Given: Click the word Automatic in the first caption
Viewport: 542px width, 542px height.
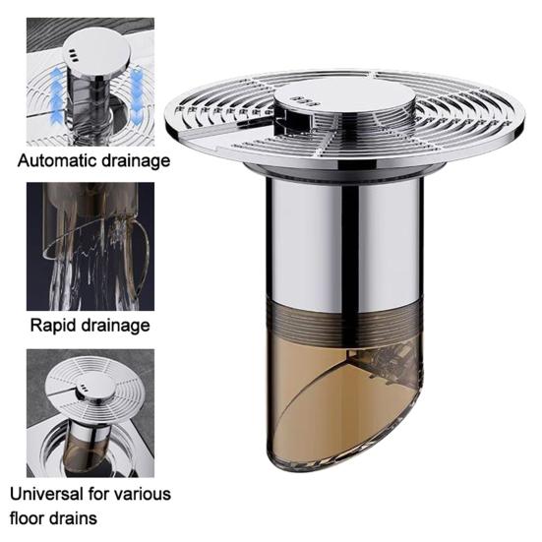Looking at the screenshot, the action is (x=57, y=160).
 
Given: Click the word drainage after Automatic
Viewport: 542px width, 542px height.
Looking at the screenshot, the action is (x=136, y=161).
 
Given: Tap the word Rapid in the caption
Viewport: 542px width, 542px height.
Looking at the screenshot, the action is (x=50, y=326).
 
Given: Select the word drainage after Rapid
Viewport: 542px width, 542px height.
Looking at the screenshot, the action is (x=112, y=326).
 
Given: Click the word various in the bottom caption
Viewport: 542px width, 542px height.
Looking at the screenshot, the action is (x=143, y=495).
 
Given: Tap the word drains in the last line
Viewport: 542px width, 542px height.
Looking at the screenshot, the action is (x=73, y=518).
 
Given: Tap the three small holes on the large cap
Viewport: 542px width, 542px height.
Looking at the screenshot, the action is (x=305, y=101).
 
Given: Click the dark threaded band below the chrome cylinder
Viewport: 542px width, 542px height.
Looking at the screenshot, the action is (x=344, y=320).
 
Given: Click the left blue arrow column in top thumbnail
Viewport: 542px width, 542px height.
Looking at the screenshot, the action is (x=57, y=95).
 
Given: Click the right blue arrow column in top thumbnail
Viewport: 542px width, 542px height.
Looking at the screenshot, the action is (x=137, y=91).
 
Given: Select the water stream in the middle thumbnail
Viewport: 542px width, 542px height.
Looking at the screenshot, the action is (x=90, y=270).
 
